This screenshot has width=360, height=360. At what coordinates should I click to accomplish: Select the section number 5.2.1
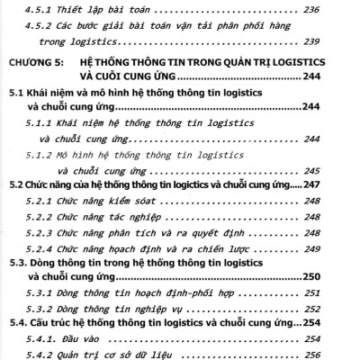coord(40,202)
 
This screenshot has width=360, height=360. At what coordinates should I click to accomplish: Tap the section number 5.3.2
coord(40,307)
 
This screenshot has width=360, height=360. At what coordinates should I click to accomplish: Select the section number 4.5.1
coord(40,10)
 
